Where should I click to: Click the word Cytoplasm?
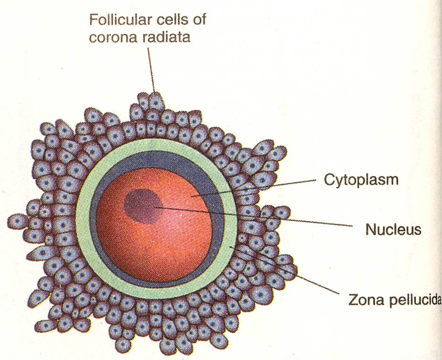pos(361,180)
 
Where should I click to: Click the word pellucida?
pos(412,300)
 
